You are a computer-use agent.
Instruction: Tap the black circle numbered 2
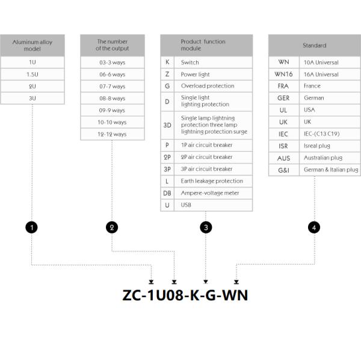click(112, 227)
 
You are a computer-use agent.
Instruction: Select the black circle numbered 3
click(206, 227)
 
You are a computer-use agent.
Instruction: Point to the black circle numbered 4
click(314, 227)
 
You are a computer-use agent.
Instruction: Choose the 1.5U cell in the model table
click(32, 74)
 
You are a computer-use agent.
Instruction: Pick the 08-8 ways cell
click(112, 98)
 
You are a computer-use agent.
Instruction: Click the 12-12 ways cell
click(112, 134)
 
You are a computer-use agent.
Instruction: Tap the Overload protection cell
click(213, 86)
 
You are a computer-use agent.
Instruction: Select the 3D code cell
click(167, 125)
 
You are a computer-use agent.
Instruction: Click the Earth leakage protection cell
click(213, 181)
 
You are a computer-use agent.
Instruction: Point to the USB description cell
click(213, 205)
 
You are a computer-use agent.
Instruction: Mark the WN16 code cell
click(283, 74)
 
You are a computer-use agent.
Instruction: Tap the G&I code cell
click(283, 170)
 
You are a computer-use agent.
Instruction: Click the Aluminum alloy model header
click(32, 45)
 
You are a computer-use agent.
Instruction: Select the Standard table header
click(314, 45)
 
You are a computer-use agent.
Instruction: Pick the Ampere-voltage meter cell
click(213, 193)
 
